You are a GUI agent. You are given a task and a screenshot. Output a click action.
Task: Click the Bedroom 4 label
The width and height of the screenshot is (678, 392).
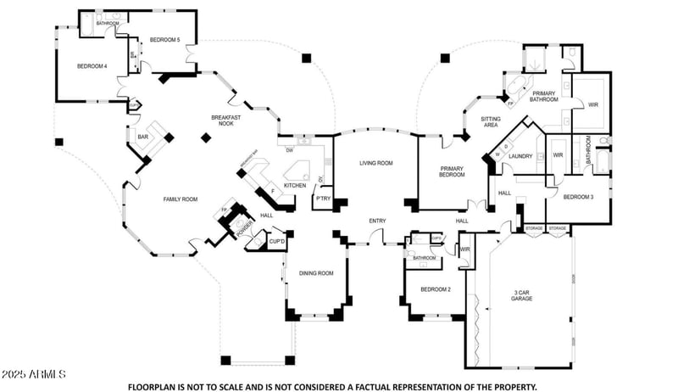pyautogui.click(x=92, y=66)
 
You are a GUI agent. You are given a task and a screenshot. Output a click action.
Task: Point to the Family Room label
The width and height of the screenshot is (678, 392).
pyautogui.click(x=180, y=199)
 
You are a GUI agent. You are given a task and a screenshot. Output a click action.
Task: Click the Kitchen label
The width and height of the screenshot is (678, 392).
pyautogui.click(x=295, y=185)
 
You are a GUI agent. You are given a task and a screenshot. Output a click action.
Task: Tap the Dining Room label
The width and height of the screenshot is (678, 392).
pyautogui.click(x=316, y=273)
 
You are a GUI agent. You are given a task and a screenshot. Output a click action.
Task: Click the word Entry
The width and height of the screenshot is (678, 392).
pyautogui.click(x=377, y=221)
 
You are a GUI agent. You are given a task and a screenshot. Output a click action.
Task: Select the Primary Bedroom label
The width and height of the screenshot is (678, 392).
pyautogui.click(x=451, y=173)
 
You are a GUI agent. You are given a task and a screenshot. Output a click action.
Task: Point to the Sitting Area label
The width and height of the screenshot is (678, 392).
pyautogui.click(x=490, y=121)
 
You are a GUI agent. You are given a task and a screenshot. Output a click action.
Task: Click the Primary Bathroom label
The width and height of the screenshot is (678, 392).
pyautogui.click(x=544, y=96)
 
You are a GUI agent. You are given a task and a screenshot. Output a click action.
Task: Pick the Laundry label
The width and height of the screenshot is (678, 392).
pyautogui.click(x=520, y=155)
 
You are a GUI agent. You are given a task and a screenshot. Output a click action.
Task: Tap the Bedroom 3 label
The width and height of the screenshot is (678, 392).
pyautogui.click(x=578, y=197)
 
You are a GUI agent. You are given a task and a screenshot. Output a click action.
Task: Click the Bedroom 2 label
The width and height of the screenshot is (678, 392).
pyautogui.click(x=435, y=289)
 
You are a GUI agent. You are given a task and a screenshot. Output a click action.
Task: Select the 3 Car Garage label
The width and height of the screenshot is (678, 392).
pyautogui.click(x=522, y=296)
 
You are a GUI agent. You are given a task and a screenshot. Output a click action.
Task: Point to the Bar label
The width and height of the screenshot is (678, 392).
pyautogui.click(x=143, y=136)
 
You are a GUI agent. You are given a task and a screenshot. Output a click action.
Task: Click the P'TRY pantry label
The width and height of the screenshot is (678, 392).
pyautogui.click(x=322, y=199)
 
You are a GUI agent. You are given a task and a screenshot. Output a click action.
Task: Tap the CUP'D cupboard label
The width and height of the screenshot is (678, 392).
pyautogui.click(x=276, y=242)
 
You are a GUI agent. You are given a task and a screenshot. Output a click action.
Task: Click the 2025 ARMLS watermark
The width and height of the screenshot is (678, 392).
pyautogui.click(x=34, y=374)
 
